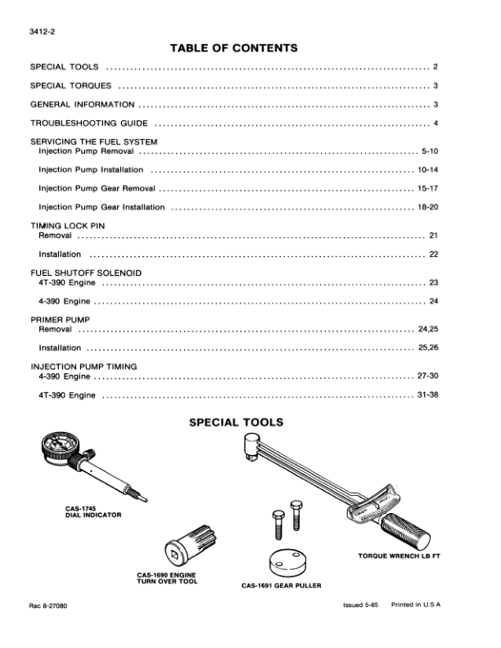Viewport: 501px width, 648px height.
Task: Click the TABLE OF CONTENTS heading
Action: tap(233, 48)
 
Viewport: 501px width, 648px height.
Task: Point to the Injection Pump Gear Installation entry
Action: tap(102, 207)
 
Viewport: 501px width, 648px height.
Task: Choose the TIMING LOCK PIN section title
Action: tap(68, 225)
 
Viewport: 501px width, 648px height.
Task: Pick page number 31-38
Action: tap(427, 395)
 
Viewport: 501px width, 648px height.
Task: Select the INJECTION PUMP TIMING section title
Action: tap(83, 367)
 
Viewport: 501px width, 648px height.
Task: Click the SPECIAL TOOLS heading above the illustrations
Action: tap(237, 423)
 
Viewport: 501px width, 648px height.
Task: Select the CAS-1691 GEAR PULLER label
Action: tap(281, 586)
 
